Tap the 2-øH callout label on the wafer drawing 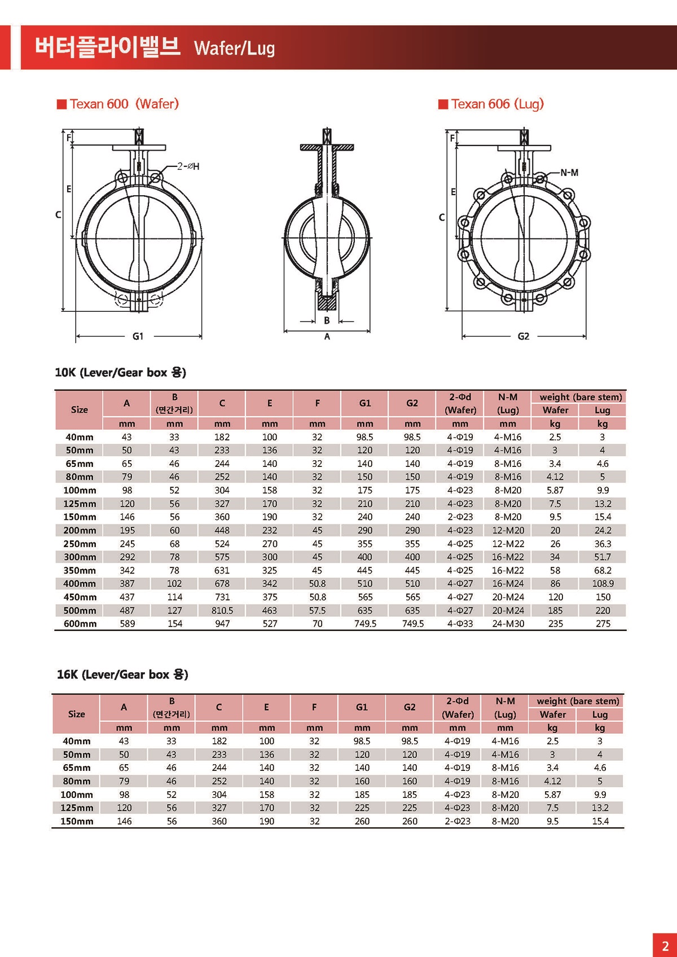pos(188,166)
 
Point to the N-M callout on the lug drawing pos(569,173)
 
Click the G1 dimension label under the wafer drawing pos(138,336)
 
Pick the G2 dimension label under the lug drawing pos(524,336)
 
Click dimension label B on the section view pos(327,320)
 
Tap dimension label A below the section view pos(327,337)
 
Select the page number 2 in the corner pos(665,946)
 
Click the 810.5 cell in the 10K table pos(222,611)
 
